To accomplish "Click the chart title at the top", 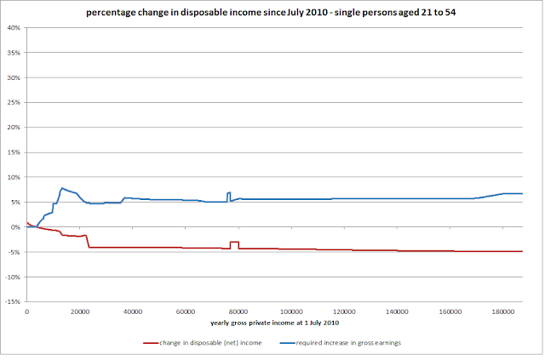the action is [271, 13].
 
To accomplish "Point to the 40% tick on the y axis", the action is [14, 28].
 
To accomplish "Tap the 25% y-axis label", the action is [14, 102].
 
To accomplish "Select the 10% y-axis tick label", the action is [14, 177].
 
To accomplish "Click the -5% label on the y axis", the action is [14, 252].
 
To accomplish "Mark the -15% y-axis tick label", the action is [13, 301].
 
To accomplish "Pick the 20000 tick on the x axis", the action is [80, 311].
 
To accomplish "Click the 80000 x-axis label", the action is [238, 311].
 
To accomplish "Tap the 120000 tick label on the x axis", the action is [344, 311].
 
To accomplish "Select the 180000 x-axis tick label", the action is [503, 311].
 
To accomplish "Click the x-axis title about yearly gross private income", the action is [274, 323].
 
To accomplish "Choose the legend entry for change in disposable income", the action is [203, 343].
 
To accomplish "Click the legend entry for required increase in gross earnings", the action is [341, 343].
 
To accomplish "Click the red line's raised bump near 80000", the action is [234, 242].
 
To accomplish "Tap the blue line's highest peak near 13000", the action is [62, 188].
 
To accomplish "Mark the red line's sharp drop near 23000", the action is [88, 241].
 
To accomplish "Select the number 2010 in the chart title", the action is [317, 13].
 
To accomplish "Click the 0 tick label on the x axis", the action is [26, 311].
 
